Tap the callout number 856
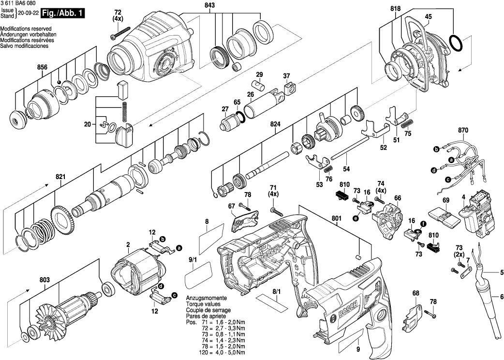coord(42,68)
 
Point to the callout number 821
coord(59,177)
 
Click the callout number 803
coord(45,280)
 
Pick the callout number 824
coord(275,124)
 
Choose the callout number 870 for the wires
coord(463,131)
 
